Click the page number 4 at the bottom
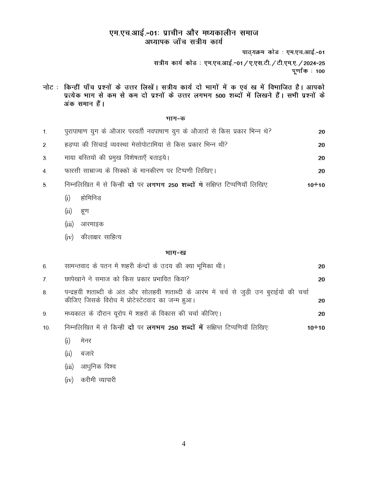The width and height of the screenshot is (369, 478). point(184,444)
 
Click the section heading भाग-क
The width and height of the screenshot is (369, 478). point(176,118)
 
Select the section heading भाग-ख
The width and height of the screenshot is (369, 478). point(176,253)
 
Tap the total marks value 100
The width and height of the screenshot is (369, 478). point(320,71)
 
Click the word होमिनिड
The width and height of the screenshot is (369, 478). point(91,198)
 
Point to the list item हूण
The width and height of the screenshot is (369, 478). point(85,211)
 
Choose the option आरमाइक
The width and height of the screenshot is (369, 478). point(92,224)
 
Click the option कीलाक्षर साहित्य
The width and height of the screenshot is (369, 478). point(101,237)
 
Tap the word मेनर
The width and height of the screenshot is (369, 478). point(86,341)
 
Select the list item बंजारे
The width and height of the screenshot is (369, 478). point(87,354)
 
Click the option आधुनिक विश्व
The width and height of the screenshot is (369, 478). point(98,367)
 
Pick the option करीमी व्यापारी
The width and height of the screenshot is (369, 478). point(98,380)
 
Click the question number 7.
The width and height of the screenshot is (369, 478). point(45,280)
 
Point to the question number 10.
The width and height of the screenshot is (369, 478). point(46,328)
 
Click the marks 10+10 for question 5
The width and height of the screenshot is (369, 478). point(316,185)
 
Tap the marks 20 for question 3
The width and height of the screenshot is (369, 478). point(321,158)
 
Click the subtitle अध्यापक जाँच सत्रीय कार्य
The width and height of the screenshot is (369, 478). point(184,42)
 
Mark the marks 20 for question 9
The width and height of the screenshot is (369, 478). point(321,314)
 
